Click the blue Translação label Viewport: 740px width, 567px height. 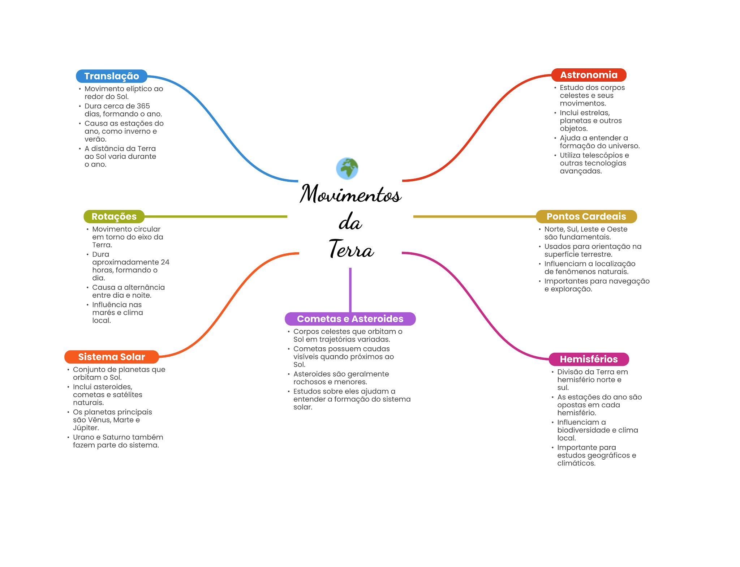click(112, 76)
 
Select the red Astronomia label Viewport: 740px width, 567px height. click(589, 75)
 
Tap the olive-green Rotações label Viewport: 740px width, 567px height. click(114, 216)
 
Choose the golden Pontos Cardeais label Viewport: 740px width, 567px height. click(586, 216)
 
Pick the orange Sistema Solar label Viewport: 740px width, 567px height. click(112, 357)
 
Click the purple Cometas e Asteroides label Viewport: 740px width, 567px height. click(350, 319)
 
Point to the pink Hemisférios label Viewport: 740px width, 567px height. click(589, 359)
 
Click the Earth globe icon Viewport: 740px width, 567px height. click(347, 168)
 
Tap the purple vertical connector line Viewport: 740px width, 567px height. click(350, 289)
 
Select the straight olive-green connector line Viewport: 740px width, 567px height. click(217, 216)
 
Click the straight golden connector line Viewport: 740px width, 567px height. click(473, 216)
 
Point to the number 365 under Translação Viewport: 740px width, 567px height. click(143, 106)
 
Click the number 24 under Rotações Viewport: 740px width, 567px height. click(165, 262)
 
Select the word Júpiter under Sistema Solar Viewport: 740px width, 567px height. click(86, 428)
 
